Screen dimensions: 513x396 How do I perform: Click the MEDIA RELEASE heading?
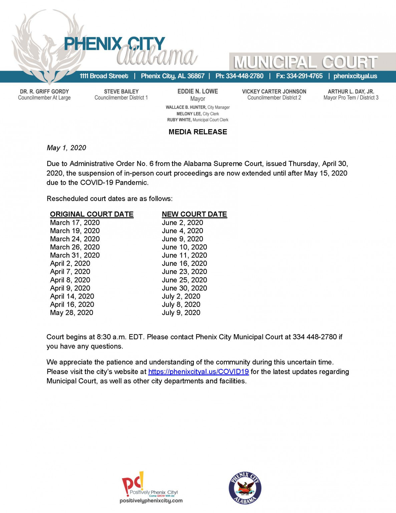tap(197, 132)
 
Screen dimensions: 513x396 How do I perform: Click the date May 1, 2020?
tap(66, 148)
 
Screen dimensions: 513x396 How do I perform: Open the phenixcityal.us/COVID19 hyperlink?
tap(198, 372)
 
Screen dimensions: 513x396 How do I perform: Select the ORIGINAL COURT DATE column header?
tap(92, 214)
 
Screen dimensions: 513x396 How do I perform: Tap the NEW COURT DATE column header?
tap(194, 214)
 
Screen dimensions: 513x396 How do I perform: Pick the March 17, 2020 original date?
tap(75, 223)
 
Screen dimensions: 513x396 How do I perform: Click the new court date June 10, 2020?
tap(184, 247)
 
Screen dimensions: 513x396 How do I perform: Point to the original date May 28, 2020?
tap(71, 313)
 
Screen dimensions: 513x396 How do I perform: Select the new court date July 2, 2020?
tap(181, 296)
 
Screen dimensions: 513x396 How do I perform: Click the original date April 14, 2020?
tap(72, 296)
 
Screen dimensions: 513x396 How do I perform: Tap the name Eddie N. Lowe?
tap(197, 92)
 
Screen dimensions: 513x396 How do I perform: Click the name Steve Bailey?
tap(121, 92)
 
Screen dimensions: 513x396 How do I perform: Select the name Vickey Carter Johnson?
tap(274, 92)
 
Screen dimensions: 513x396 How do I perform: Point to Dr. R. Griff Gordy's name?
tap(44, 92)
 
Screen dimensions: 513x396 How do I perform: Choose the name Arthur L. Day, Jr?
tap(351, 92)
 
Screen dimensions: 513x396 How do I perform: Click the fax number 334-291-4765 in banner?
tap(304, 76)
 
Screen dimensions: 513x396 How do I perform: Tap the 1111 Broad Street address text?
tap(104, 76)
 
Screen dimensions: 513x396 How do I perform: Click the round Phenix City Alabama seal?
tap(245, 488)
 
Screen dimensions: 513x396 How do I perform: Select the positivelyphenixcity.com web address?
tap(151, 501)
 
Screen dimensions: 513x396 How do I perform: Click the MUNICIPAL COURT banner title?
tap(305, 62)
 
